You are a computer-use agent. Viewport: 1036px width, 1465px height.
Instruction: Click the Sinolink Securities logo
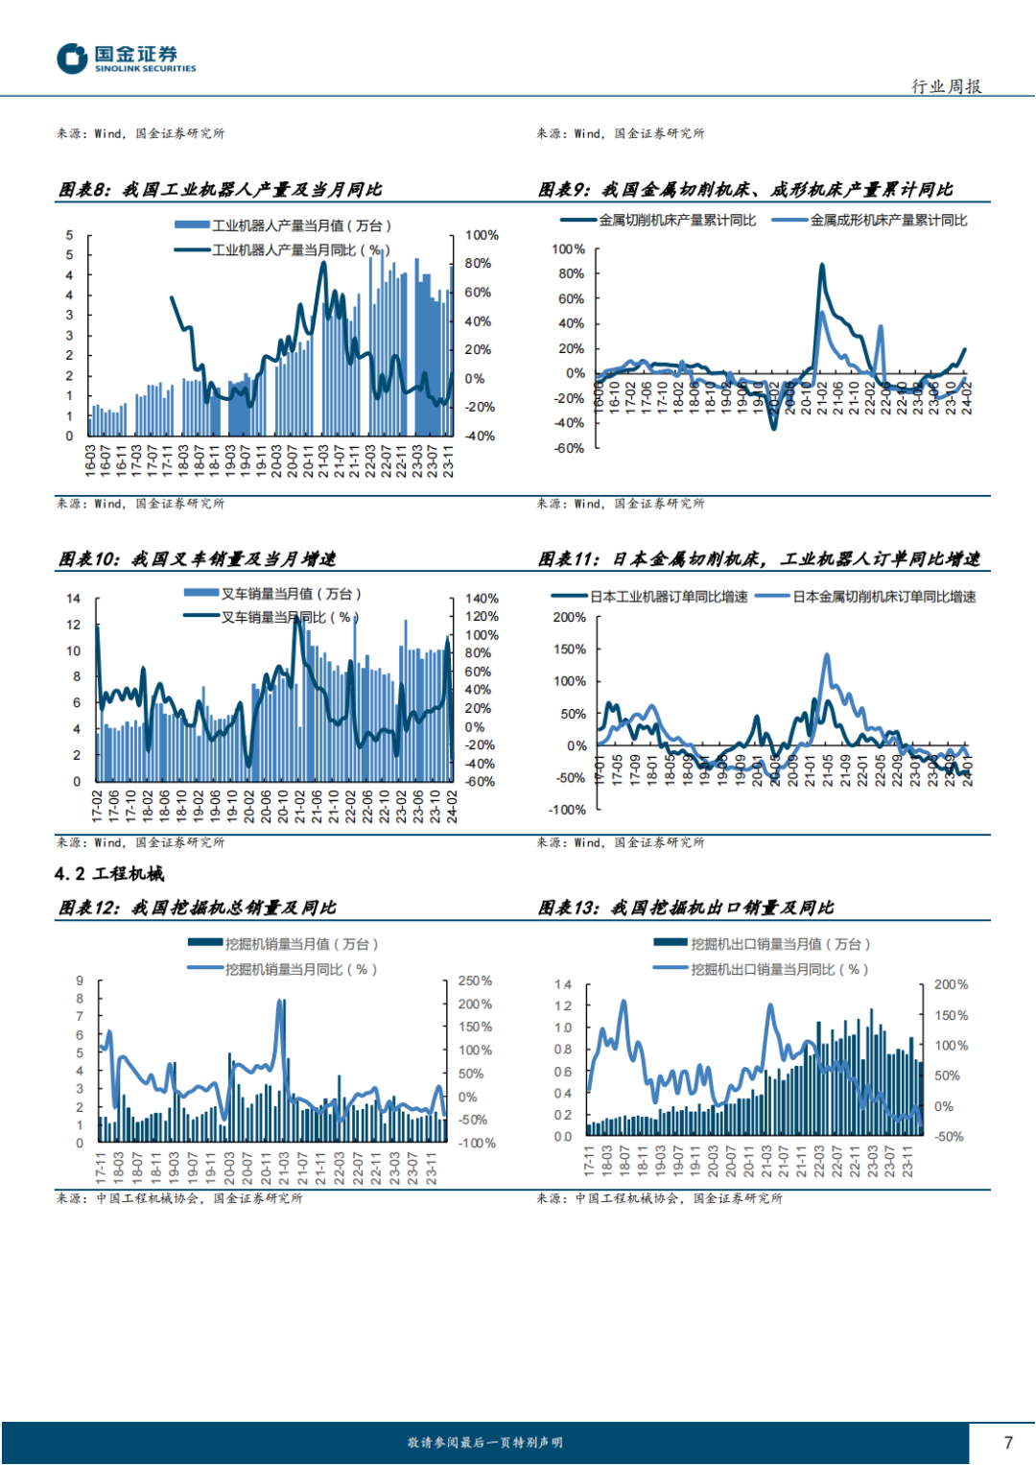tap(126, 59)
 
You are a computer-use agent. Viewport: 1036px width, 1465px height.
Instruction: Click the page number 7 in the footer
tap(1008, 1442)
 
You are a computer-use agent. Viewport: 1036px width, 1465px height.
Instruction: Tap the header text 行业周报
tap(946, 86)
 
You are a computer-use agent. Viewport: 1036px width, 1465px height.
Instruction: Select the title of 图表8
tap(220, 189)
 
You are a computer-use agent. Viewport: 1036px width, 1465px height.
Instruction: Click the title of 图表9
tap(745, 189)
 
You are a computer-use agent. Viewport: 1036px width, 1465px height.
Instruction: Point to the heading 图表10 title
tap(197, 558)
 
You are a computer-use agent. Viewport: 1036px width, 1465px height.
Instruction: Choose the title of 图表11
tap(759, 558)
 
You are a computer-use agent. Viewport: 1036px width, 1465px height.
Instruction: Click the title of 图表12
tap(197, 907)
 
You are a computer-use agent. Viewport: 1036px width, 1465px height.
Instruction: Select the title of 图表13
tap(685, 907)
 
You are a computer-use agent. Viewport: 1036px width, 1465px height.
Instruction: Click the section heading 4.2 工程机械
tap(109, 873)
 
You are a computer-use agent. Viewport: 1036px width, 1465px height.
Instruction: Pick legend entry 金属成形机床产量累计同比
tap(888, 220)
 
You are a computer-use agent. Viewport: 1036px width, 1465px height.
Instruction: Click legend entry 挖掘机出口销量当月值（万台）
tap(780, 944)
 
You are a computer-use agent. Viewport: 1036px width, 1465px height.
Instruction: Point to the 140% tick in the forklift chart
tap(482, 598)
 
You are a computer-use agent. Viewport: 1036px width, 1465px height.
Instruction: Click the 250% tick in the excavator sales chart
tap(475, 981)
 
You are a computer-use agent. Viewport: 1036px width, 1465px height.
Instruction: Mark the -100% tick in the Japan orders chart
tap(567, 810)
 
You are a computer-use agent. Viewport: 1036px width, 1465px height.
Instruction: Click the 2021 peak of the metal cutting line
tap(822, 266)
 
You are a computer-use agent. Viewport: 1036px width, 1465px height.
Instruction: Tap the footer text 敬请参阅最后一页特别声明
tap(484, 1442)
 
